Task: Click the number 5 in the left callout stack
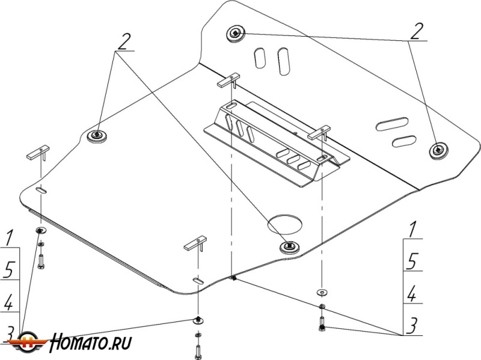[8, 268]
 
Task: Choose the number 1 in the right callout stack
[412, 229]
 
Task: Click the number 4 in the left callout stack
[8, 302]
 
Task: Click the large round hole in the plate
[285, 224]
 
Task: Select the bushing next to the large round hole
[290, 246]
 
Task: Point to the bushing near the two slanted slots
[439, 151]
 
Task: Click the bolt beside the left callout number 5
[41, 260]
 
